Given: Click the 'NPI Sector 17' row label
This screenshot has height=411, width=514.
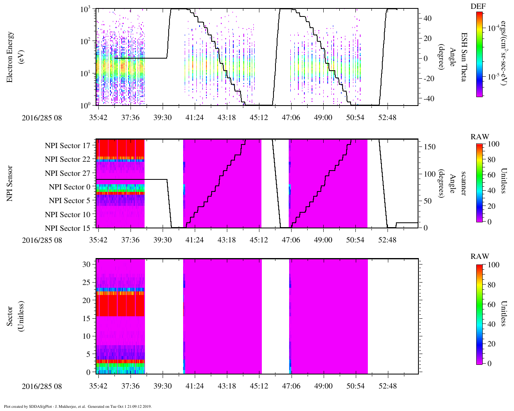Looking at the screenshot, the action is coord(67,145).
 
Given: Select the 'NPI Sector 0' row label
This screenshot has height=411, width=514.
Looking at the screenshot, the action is coord(69,187).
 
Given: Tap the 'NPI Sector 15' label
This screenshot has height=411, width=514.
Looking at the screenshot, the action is coord(67,228).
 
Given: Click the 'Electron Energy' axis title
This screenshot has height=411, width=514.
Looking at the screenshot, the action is coord(10,57).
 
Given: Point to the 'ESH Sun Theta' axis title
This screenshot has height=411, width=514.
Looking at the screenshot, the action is coord(463,57).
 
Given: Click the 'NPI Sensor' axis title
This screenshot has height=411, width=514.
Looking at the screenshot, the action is coord(10,183).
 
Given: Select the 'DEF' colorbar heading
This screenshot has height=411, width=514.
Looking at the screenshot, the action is coord(478,6).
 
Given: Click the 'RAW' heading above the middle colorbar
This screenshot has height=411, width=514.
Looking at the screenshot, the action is coord(480,136).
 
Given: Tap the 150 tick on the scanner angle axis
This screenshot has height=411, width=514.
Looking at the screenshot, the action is coord(429,146).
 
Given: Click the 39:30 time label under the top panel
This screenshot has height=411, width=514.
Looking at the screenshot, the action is coord(162,118).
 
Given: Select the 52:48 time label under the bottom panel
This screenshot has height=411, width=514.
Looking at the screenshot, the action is coord(388,386).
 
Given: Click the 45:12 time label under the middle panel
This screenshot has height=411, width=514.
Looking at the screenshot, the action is coord(259,240).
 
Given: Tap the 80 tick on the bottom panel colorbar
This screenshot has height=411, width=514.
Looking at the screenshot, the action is coord(491,285).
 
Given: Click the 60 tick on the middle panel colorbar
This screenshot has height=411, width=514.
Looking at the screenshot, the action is coord(491,175).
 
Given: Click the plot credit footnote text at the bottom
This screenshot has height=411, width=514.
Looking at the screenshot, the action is coord(78,406).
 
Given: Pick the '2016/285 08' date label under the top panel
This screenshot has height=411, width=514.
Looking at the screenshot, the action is coord(42,118).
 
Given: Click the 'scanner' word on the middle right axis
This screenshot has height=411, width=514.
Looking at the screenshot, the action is coord(463,183).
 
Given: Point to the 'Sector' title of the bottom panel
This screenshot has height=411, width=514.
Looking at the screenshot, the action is coord(10,316).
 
